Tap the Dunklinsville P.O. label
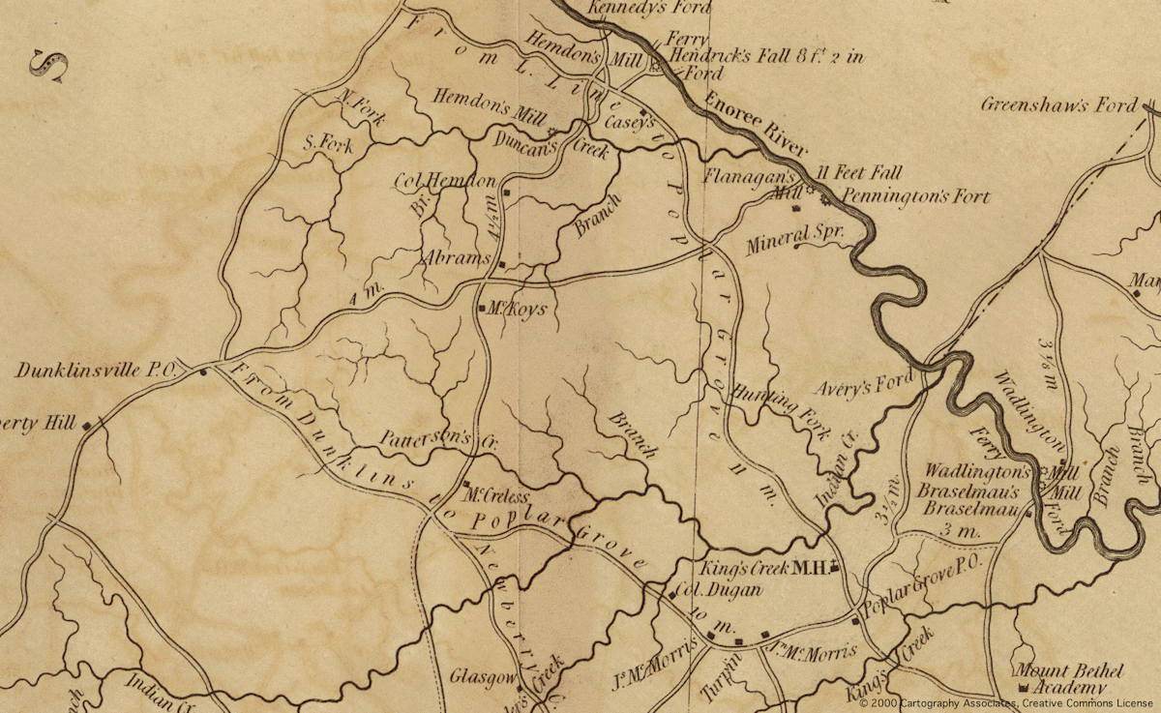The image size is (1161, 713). pyautogui.click(x=93, y=371)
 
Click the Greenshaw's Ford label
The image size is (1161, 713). pyautogui.click(x=1059, y=104)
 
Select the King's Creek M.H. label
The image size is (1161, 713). pyautogui.click(x=763, y=568)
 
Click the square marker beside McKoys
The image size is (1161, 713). pyautogui.click(x=483, y=309)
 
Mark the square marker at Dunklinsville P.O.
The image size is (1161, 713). pyautogui.click(x=203, y=371)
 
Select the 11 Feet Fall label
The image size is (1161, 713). pyautogui.click(x=859, y=174)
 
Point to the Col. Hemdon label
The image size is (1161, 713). pyautogui.click(x=444, y=181)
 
